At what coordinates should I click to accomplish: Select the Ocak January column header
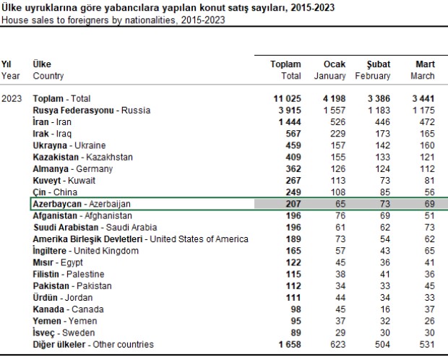330,69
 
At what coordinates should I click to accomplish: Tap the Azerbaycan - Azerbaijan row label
81,204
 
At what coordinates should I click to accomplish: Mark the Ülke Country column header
48,69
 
